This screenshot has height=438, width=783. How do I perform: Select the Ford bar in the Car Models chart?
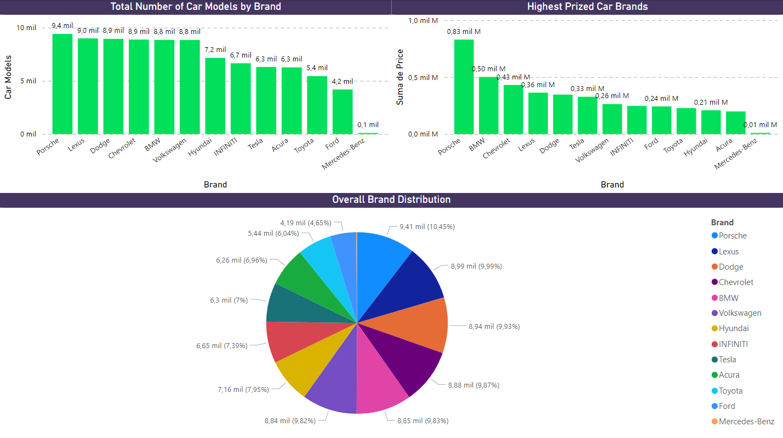pos(342,112)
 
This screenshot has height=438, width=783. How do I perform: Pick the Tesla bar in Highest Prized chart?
pos(587,115)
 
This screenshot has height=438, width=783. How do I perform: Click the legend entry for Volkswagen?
pos(740,313)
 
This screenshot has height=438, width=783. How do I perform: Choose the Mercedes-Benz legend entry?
pos(746,422)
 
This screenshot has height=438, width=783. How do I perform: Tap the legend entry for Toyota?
pos(730,391)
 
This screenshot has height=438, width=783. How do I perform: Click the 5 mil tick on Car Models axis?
pos(28,81)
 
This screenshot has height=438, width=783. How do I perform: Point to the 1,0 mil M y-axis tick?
pos(424,21)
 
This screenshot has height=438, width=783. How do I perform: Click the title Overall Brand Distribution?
pos(391,200)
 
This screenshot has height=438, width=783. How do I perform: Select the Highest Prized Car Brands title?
pos(587,7)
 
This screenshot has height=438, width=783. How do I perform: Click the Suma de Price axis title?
pos(401,77)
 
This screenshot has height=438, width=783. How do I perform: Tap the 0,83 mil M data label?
pos(464,32)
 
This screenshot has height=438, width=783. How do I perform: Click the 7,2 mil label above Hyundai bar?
pos(215,50)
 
